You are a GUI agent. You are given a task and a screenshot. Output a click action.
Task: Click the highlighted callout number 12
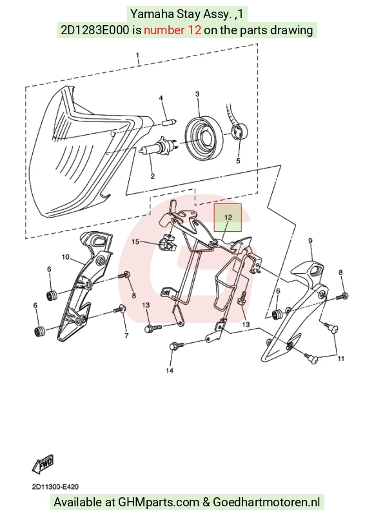pyautogui.click(x=228, y=217)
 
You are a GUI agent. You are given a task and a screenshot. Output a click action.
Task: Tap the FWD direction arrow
pyautogui.click(x=43, y=464)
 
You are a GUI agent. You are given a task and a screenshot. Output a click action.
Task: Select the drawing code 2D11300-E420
pyautogui.click(x=55, y=487)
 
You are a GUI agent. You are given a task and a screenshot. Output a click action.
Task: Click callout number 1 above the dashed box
pyautogui.click(x=138, y=55)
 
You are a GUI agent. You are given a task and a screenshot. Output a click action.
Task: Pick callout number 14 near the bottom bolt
pyautogui.click(x=170, y=371)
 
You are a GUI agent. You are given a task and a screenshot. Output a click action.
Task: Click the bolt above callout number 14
pyautogui.click(x=177, y=346)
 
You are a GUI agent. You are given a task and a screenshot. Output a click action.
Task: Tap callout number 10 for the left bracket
pyautogui.click(x=65, y=256)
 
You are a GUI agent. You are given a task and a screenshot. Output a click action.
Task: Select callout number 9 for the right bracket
pyautogui.click(x=310, y=240)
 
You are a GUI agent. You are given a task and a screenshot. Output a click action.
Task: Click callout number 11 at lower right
pyautogui.click(x=341, y=358)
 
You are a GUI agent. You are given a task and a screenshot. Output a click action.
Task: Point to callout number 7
pyautogui.click(x=126, y=336)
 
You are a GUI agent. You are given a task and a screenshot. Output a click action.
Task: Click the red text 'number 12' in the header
pyautogui.click(x=173, y=30)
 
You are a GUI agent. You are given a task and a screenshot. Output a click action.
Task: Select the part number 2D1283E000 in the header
pyautogui.click(x=95, y=30)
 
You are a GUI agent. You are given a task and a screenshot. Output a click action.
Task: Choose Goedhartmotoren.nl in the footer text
pyautogui.click(x=266, y=502)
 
